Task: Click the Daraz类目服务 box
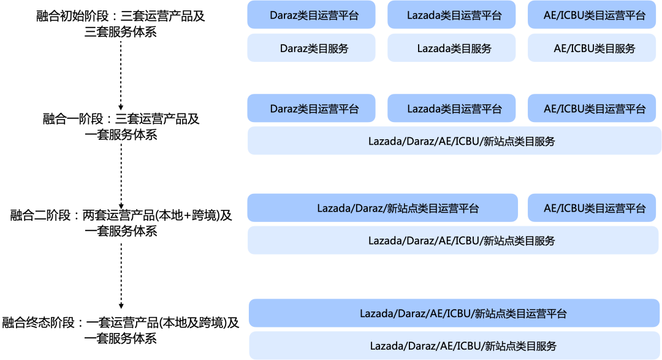point(311,48)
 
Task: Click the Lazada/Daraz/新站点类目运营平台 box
point(382,208)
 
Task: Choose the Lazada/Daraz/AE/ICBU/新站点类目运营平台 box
point(454,313)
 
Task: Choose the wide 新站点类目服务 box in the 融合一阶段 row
point(454,141)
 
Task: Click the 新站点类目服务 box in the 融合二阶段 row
point(454,240)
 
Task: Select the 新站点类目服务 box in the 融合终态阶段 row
point(454,346)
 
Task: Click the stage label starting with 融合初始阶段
point(121,24)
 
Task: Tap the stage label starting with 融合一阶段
point(121,126)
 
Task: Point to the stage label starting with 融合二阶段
point(121,223)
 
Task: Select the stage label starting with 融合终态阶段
point(121,330)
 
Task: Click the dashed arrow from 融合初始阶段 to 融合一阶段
point(121,74)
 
